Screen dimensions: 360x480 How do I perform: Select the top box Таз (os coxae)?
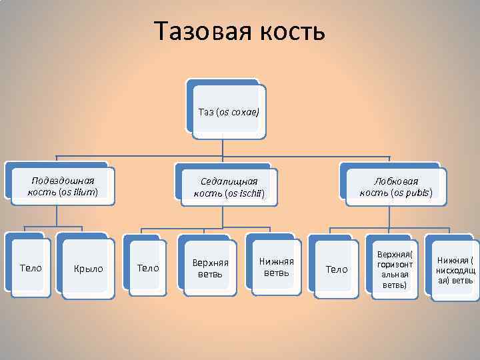[228, 111]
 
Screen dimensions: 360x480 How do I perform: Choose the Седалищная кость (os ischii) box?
[229, 187]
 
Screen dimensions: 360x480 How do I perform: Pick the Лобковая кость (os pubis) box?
[395, 187]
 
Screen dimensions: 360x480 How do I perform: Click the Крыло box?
[88, 269]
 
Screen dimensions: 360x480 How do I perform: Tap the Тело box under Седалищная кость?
[147, 268]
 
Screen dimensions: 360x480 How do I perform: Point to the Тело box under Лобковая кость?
[336, 269]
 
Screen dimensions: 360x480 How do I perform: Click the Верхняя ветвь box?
[210, 268]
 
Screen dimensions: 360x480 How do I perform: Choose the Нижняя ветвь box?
[276, 267]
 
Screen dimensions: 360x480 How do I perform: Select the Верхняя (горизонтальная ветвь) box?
[395, 269]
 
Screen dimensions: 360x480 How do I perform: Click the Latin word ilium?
[85, 192]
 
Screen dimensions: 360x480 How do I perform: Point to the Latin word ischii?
[252, 194]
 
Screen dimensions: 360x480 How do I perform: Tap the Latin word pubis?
[418, 193]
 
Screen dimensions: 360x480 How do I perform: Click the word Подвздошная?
[63, 180]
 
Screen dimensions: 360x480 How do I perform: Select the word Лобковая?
[396, 181]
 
